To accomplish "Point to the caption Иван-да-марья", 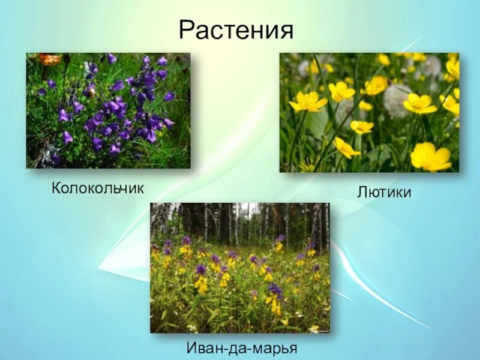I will point(241,349).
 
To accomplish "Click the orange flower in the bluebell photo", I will point(50,59).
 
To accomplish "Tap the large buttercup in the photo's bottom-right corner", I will point(430,157).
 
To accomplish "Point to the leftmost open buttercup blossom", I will point(308,102).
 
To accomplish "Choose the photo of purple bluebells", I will point(108,110).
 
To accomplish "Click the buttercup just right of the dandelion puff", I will point(419,103).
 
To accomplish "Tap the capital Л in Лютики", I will point(362,192).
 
